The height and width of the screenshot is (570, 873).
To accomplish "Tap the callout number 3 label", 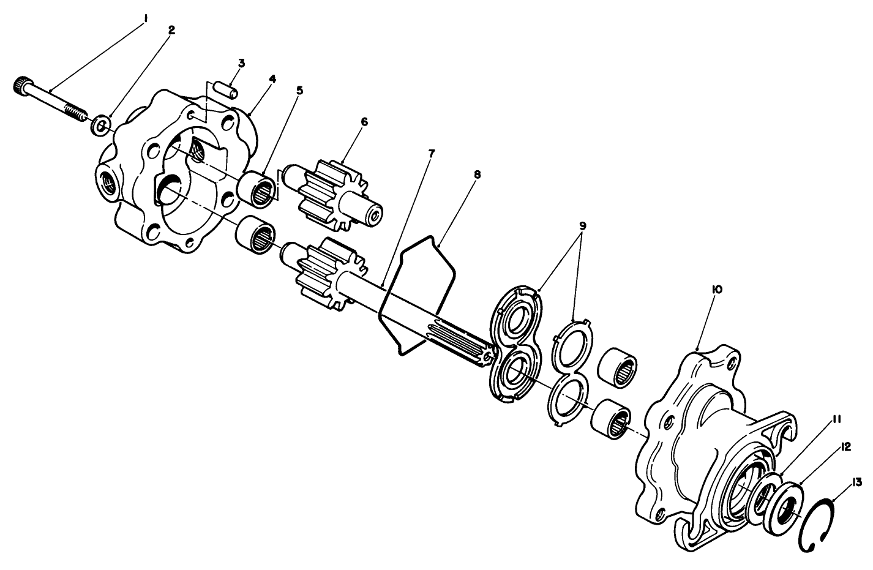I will click(x=242, y=63).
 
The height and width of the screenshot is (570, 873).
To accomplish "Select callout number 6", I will click(x=364, y=122).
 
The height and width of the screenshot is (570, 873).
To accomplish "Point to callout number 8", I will click(x=478, y=174).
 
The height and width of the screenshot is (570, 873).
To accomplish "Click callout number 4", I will click(x=272, y=79).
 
